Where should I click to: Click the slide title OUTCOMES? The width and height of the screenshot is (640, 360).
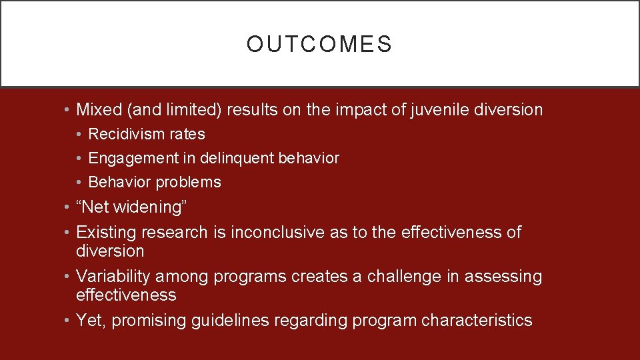click(319, 44)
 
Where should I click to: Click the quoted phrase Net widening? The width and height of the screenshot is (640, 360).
click(132, 207)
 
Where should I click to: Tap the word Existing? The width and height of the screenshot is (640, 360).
click(103, 233)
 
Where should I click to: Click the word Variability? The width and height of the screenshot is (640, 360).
click(113, 277)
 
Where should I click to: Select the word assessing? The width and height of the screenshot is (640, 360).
click(503, 277)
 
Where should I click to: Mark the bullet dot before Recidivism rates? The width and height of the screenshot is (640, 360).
click(79, 135)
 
